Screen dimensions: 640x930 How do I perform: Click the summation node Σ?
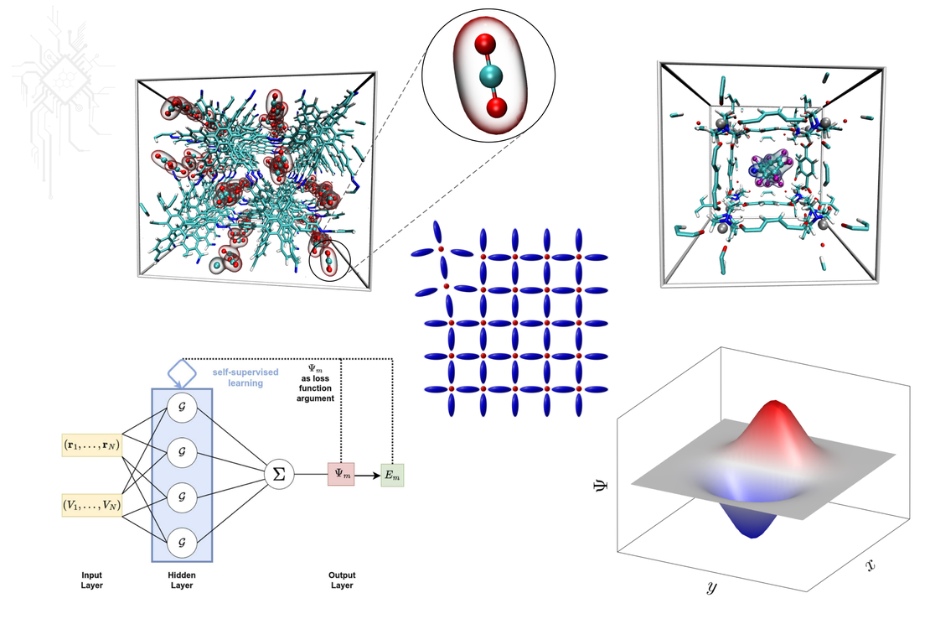[x=279, y=475]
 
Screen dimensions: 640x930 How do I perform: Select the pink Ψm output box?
[x=342, y=475]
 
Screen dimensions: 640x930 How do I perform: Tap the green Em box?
[x=392, y=475]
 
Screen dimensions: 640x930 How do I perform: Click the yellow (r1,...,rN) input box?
[x=92, y=445]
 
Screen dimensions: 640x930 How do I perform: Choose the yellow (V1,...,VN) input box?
[x=92, y=505]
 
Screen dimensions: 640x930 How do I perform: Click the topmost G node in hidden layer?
[x=182, y=408]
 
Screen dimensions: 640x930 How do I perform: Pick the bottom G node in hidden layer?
[x=182, y=543]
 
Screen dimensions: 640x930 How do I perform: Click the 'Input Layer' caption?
[x=91, y=580]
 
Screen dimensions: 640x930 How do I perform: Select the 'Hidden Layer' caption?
[x=181, y=580]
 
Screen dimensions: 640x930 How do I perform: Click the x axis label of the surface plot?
[x=870, y=565]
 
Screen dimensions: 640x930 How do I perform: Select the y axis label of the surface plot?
[x=710, y=588]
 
